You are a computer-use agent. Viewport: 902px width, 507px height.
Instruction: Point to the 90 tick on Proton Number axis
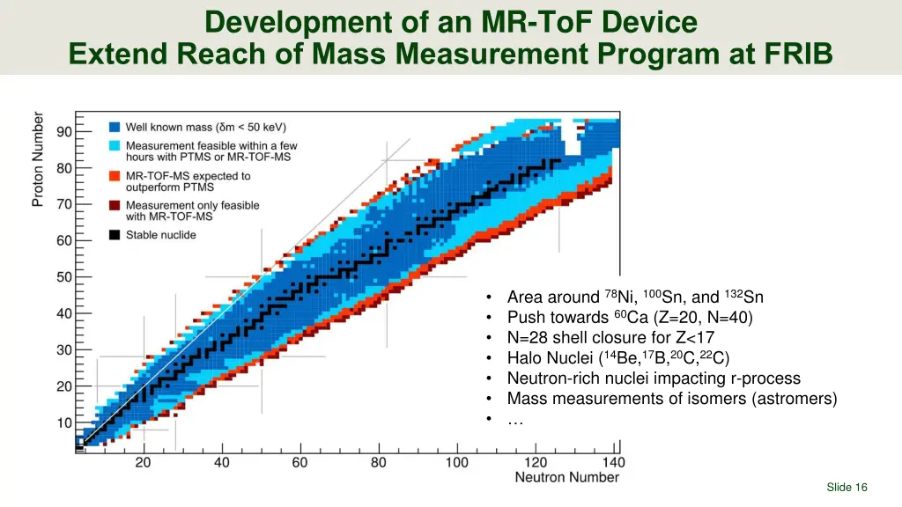[x=65, y=131]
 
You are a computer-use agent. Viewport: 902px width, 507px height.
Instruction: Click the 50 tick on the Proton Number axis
[x=65, y=276]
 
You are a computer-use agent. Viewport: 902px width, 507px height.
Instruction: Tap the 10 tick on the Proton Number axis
[x=65, y=422]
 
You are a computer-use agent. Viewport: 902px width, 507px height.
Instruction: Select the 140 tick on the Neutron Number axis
[x=613, y=462]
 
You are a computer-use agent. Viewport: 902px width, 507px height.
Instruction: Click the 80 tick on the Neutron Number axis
[x=378, y=462]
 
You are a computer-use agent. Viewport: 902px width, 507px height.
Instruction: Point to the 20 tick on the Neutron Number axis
[x=143, y=462]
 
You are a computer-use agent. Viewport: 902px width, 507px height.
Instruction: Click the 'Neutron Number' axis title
[x=566, y=478]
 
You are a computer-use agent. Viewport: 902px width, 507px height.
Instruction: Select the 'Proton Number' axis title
[x=39, y=158]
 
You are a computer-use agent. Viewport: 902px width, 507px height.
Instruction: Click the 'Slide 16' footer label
[x=847, y=488]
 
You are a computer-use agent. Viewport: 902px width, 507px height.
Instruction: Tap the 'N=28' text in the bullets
[x=528, y=337]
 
